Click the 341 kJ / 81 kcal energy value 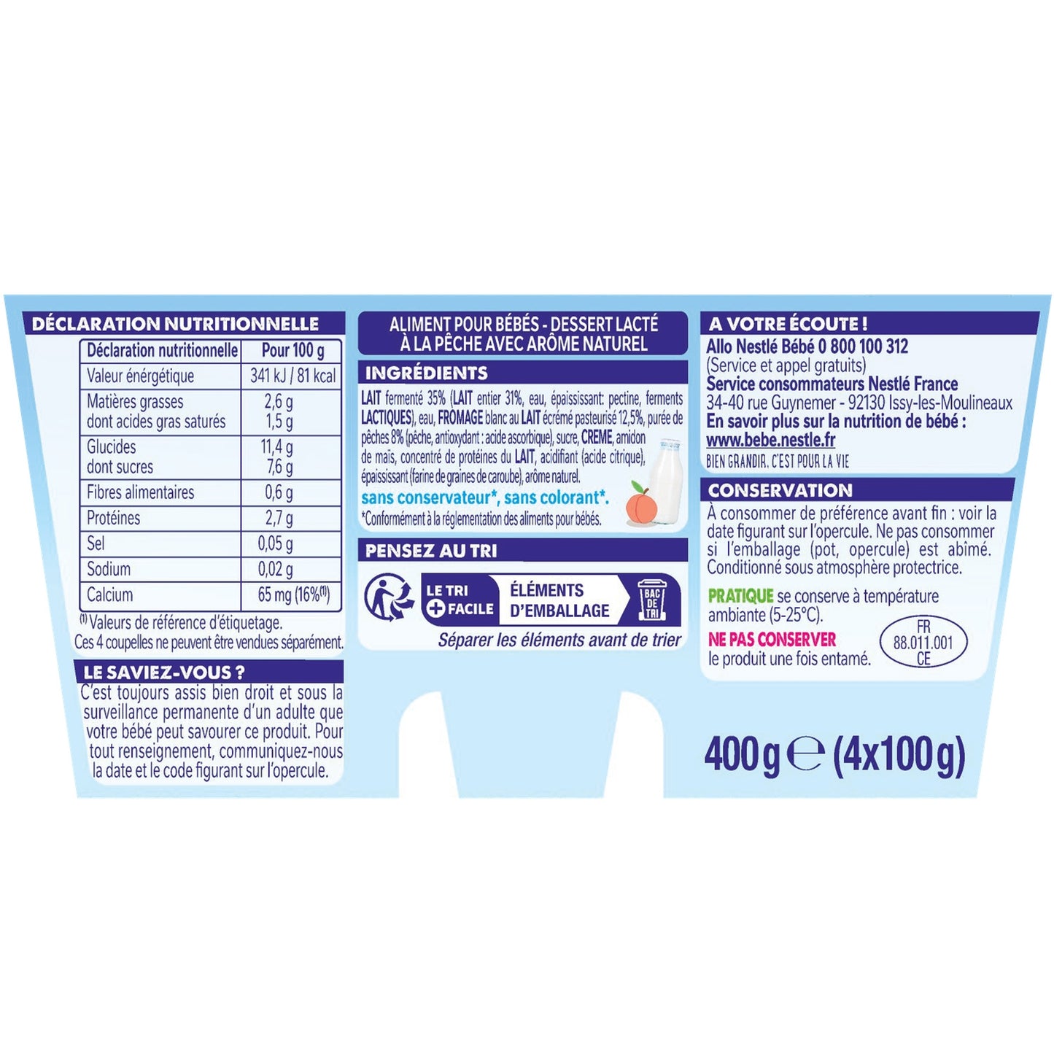click(x=292, y=376)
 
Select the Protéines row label click(x=113, y=517)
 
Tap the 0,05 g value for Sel click(x=275, y=543)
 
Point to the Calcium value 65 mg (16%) click(x=294, y=594)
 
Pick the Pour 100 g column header click(x=292, y=350)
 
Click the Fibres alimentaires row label click(x=141, y=492)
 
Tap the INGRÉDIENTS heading click(x=426, y=373)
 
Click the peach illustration click(x=638, y=504)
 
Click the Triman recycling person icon click(x=387, y=598)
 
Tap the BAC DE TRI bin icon click(x=651, y=600)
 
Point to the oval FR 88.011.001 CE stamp click(x=923, y=642)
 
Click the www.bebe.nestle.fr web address click(x=771, y=441)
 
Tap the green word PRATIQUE click(x=740, y=595)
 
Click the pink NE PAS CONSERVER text click(x=772, y=639)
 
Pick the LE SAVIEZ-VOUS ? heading click(x=165, y=672)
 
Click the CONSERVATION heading click(x=780, y=490)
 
